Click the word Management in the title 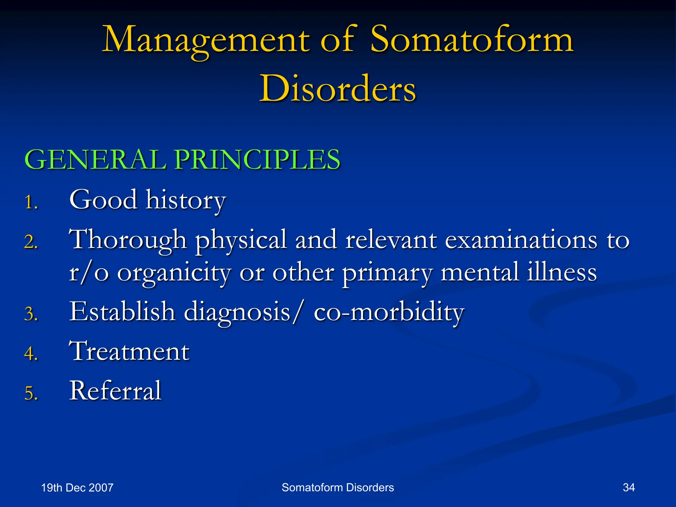[206, 40]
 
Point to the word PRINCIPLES [257, 160]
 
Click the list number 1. [31, 202]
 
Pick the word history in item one [186, 200]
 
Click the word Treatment [129, 351]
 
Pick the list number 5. [31, 394]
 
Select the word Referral [115, 391]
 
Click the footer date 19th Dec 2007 [77, 488]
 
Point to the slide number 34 [628, 488]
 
